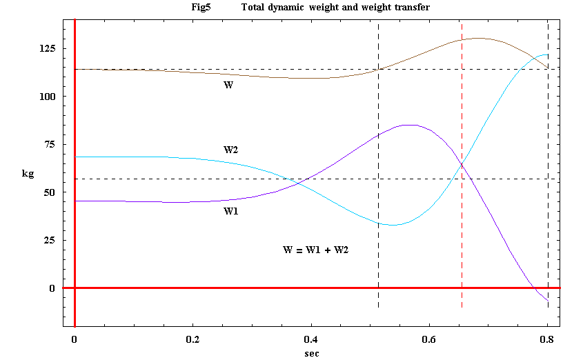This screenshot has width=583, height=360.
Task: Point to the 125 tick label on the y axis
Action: point(48,49)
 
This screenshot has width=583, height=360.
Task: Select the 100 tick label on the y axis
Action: point(48,97)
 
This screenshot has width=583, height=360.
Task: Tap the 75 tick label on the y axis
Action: point(50,145)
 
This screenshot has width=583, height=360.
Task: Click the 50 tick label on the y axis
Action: point(50,192)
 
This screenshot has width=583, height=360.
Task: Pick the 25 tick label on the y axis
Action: point(50,241)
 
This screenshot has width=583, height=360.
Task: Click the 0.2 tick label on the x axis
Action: point(192,339)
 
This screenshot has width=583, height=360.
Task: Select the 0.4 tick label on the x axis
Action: point(311,339)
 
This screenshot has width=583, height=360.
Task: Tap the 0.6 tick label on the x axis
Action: point(429,339)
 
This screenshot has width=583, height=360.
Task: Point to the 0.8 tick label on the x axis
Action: point(547,339)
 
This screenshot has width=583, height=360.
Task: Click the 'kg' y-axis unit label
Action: point(28,174)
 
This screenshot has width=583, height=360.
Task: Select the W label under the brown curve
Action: point(228,85)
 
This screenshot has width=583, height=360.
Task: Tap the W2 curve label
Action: point(231,150)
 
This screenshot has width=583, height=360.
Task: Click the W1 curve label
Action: point(231,211)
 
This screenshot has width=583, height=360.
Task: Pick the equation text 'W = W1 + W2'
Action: point(316,250)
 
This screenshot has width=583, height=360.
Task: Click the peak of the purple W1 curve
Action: point(409,125)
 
